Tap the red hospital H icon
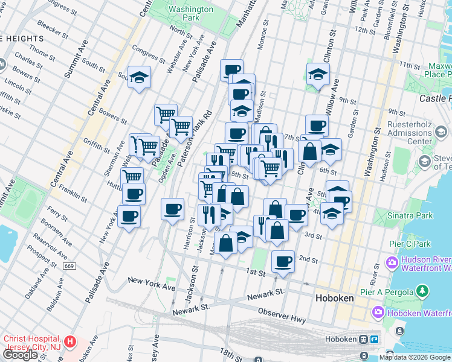click(71, 342)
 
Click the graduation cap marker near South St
click(139, 77)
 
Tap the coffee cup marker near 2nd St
click(283, 261)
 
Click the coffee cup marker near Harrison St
click(173, 209)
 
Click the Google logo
click(21, 355)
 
